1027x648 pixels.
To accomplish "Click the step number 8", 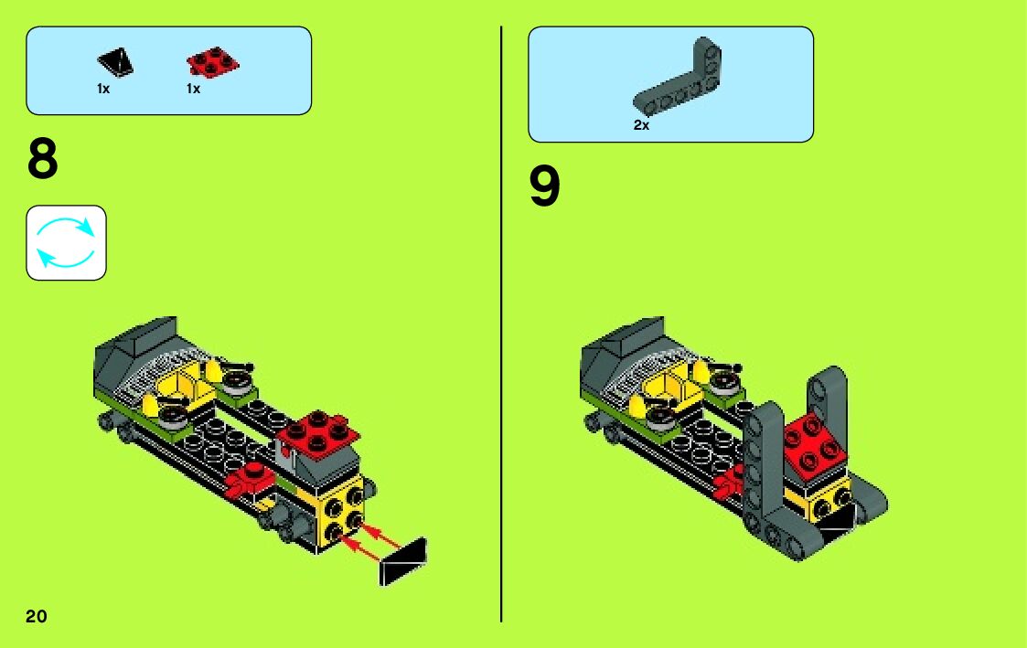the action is (43, 158).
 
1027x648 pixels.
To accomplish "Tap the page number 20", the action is (37, 616).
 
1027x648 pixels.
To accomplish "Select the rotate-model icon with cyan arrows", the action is (66, 243).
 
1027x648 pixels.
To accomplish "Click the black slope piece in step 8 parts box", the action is (116, 62).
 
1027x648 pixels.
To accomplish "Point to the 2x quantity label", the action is (641, 124).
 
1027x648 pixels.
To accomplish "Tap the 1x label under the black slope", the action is (103, 89).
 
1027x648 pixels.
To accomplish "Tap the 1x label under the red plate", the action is (193, 89).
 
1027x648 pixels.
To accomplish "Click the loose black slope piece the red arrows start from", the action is (402, 562).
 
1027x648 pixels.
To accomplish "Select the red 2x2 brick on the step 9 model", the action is (815, 445).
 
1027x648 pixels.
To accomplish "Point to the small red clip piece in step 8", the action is (248, 480).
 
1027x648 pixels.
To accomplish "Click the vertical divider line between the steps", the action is (502, 324).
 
